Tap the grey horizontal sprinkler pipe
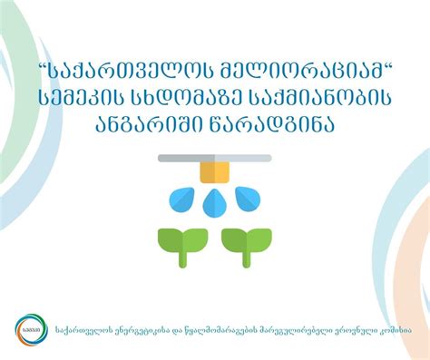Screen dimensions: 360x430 (x=215, y=159)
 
